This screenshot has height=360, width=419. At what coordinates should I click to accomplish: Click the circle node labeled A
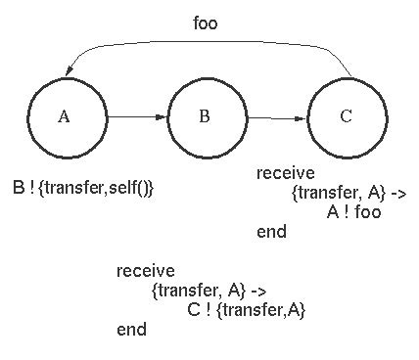65,116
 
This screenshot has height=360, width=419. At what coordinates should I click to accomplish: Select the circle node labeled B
205,117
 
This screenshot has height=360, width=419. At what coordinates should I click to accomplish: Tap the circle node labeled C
346,116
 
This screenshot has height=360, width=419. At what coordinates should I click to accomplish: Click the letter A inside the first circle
65,116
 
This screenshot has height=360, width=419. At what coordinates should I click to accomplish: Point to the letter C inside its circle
346,116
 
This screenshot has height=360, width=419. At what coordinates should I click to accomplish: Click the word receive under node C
285,174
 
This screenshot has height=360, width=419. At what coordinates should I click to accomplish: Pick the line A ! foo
353,212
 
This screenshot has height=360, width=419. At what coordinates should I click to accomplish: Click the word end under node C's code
271,232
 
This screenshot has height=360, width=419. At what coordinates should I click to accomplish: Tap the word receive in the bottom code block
145,271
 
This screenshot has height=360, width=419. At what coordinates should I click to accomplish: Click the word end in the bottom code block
131,330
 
